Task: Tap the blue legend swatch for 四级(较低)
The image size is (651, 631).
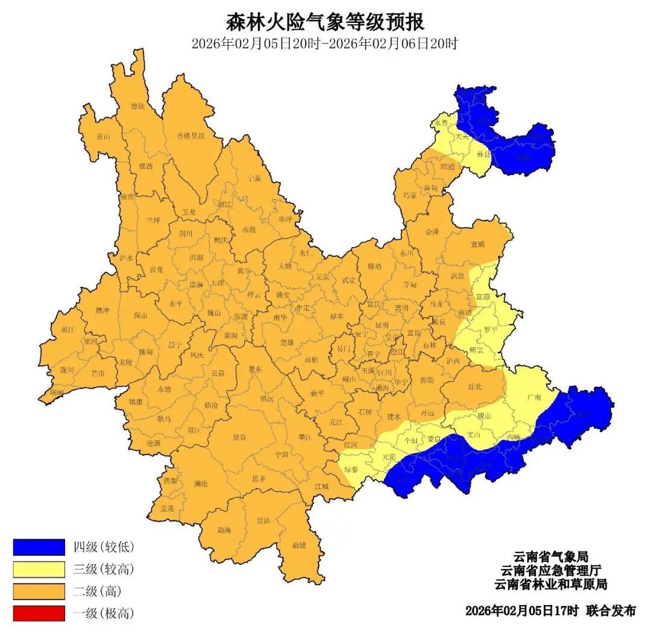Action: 39,547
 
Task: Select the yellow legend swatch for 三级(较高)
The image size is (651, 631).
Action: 39,569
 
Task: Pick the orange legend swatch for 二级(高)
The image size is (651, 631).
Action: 39,591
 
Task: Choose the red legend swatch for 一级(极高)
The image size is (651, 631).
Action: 39,614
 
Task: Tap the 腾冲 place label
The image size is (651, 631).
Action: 102,310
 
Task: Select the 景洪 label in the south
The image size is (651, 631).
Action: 263,520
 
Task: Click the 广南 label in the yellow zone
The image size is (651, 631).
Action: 533,397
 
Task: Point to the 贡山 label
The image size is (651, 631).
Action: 104,136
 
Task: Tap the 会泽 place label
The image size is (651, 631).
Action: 432,231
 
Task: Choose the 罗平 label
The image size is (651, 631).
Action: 491,330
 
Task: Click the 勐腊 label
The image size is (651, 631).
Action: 299,545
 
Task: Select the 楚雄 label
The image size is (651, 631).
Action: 287,342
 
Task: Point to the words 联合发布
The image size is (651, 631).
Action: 610,611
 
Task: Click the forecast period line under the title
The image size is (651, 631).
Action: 325,43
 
